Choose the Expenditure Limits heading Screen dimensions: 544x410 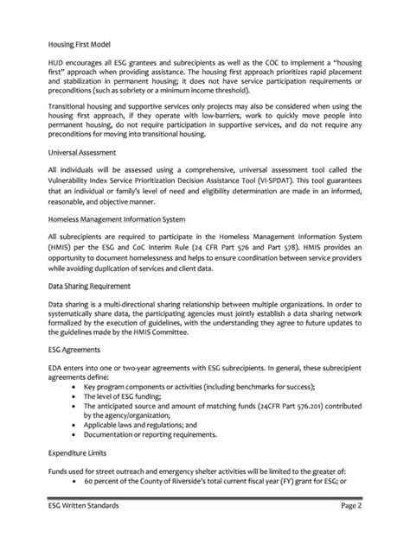coord(80,452)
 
